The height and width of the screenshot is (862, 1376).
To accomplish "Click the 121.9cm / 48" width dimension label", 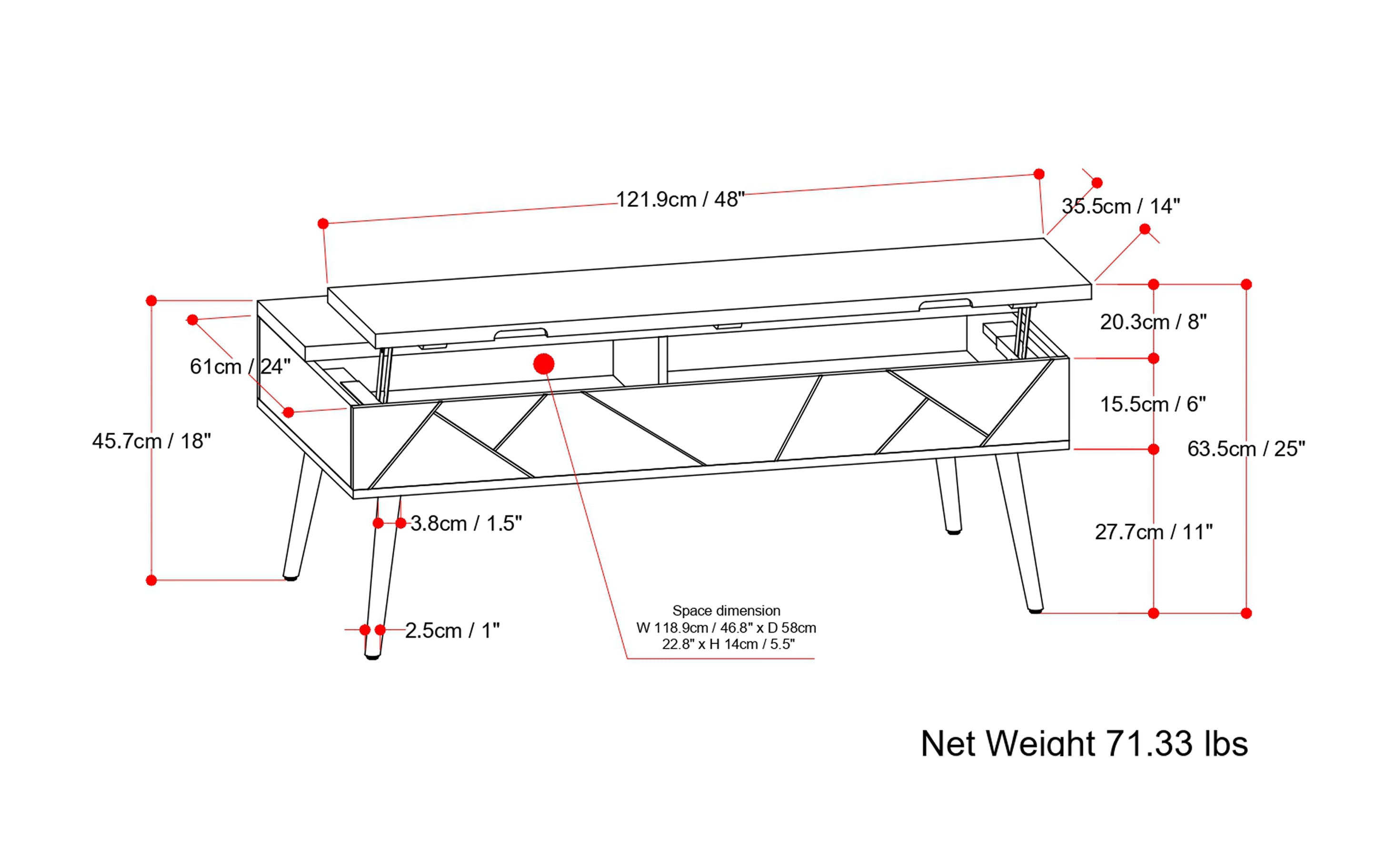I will click(680, 200).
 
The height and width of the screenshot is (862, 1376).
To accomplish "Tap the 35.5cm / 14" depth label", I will click(1120, 206).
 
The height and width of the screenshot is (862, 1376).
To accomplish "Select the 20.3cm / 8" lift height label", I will click(1153, 322).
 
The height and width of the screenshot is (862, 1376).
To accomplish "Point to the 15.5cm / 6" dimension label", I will click(1153, 404).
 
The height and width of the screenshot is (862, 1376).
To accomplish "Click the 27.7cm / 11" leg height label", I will click(1153, 532).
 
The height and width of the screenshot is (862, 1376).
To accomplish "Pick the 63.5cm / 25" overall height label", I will click(1246, 449).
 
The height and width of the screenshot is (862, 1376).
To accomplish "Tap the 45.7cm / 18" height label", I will click(151, 441).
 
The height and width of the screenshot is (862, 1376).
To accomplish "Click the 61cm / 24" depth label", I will click(240, 367).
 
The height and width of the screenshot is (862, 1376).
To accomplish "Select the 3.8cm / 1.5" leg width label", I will click(466, 523).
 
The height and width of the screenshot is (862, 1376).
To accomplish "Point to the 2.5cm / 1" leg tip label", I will click(452, 631).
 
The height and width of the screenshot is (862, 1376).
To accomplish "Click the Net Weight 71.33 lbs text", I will click(1084, 744).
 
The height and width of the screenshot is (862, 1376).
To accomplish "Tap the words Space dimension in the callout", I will click(726, 611).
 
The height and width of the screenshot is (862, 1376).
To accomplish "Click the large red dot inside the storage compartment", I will click(544, 364).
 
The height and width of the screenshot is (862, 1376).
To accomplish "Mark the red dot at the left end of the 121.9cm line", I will click(323, 223).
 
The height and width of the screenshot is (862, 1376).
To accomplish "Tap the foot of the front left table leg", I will click(372, 656).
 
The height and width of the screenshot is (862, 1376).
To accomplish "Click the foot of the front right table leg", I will click(1036, 610).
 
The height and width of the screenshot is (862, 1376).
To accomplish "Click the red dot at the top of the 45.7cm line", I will click(151, 301).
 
